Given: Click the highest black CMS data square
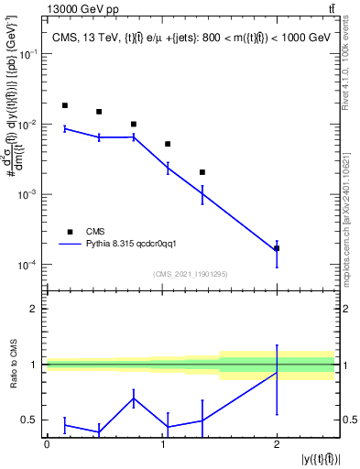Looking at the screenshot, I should click(x=64, y=106).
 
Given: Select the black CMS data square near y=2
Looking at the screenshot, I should click(x=277, y=248).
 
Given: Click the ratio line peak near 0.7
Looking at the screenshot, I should click(x=134, y=398).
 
